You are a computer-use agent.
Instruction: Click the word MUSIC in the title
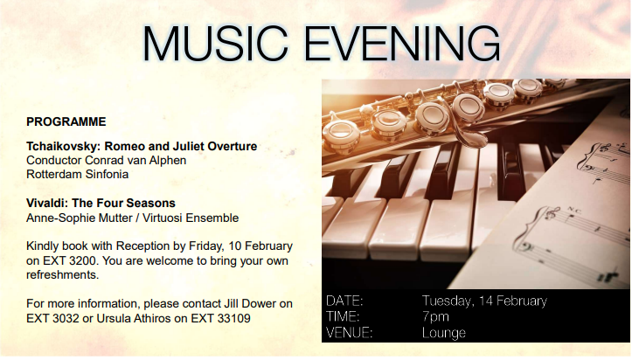tap(215, 44)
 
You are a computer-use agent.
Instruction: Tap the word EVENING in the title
tap(402, 44)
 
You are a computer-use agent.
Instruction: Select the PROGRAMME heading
tap(66, 121)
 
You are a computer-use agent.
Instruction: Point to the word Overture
tap(233, 146)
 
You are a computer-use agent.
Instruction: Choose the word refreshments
tap(62, 275)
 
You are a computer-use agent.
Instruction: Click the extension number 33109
tap(233, 319)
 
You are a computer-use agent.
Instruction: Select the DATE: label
tap(344, 301)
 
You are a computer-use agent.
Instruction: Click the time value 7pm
tap(435, 317)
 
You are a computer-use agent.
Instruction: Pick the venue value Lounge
tap(444, 333)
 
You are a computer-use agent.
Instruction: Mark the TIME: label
tap(343, 317)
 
